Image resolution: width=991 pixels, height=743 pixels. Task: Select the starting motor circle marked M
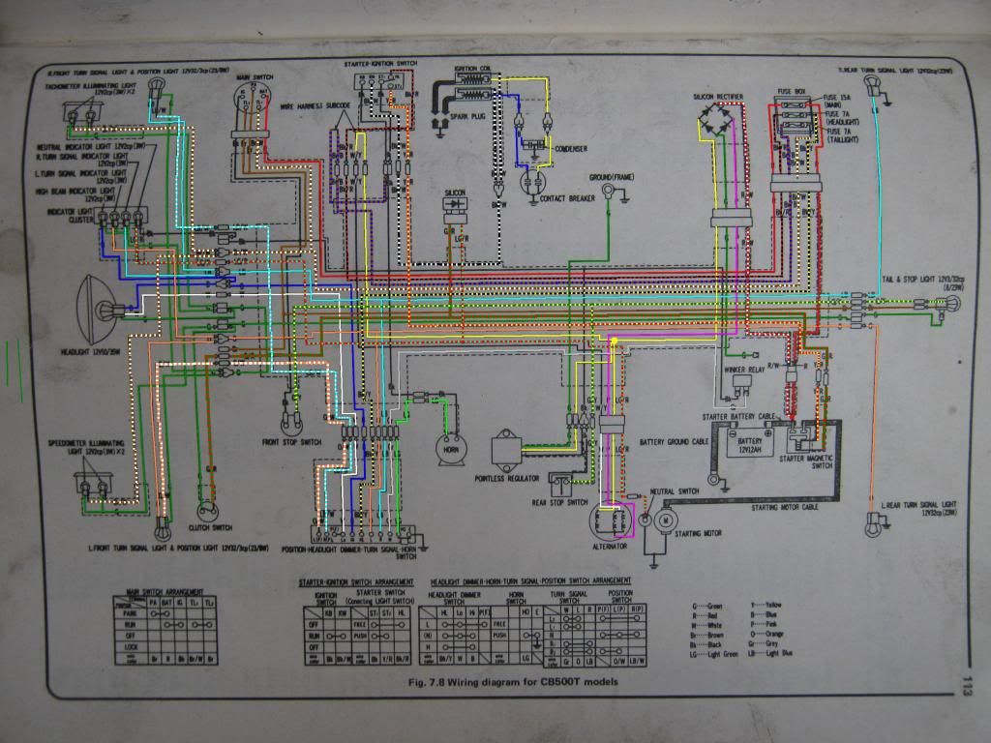pos(666,521)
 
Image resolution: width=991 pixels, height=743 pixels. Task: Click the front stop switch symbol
pos(288,422)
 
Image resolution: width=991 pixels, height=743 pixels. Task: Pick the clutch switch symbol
pos(204,512)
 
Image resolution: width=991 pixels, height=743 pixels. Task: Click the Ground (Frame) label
pos(612,177)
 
